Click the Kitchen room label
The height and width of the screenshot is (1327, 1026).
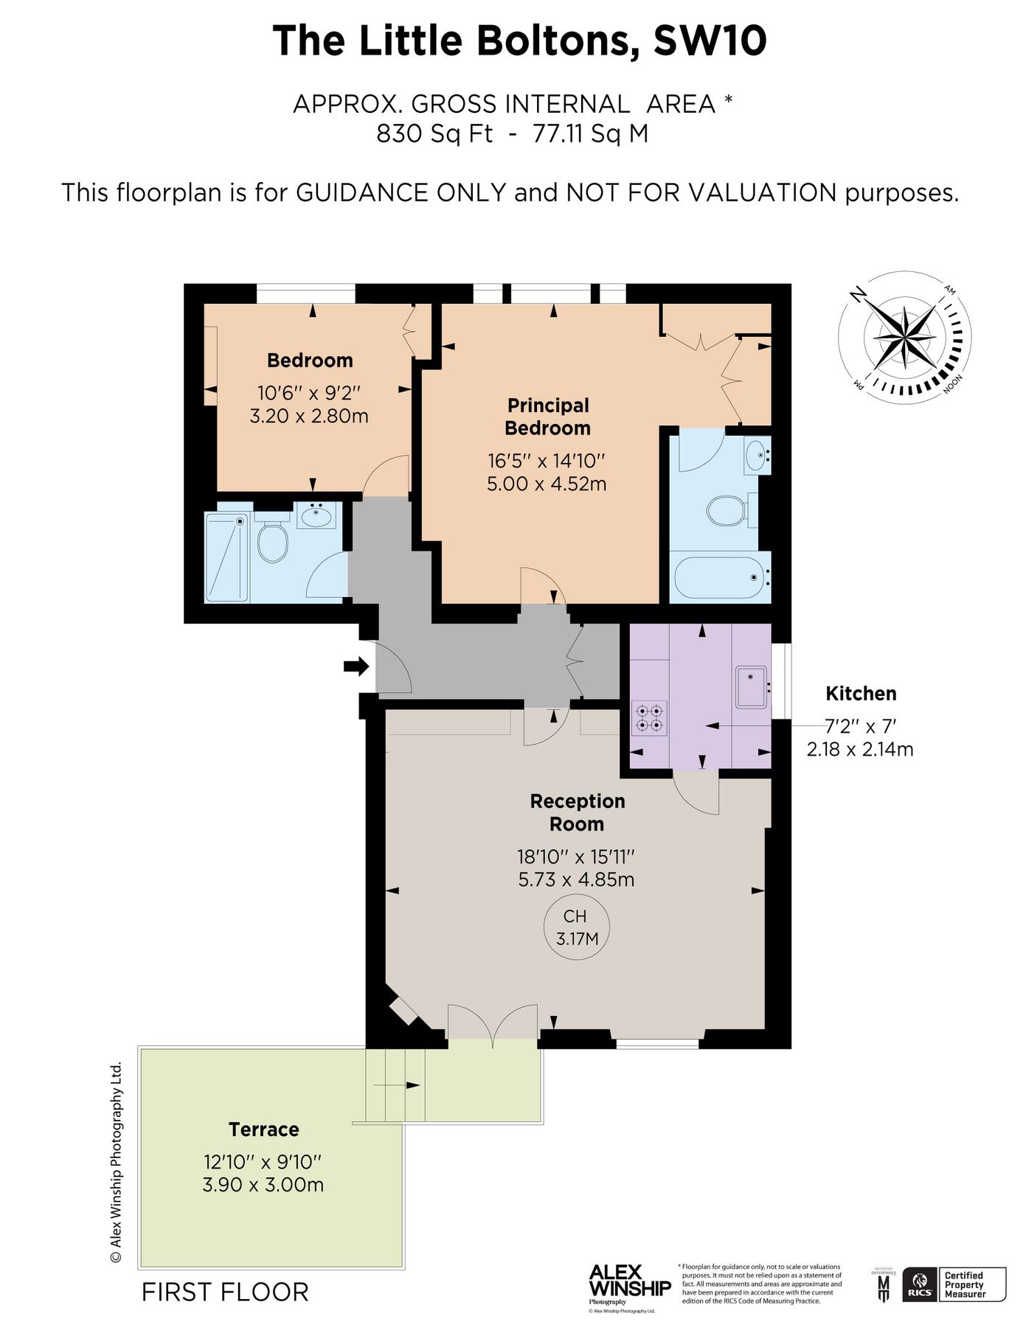(860, 693)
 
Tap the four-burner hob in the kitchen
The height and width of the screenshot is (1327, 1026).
(649, 718)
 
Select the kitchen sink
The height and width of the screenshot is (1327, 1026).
(751, 686)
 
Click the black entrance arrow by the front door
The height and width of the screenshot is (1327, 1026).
(356, 666)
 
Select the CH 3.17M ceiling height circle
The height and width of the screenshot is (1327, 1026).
(576, 927)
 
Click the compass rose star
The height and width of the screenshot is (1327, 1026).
(904, 338)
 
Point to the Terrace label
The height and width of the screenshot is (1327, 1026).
(263, 1129)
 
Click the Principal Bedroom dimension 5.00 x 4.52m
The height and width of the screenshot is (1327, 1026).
(547, 484)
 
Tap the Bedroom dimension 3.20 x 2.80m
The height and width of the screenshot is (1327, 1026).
(309, 416)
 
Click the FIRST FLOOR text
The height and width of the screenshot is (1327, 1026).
(225, 1292)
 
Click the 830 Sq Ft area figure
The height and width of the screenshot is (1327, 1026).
(434, 134)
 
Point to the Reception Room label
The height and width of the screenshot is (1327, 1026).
(577, 812)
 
